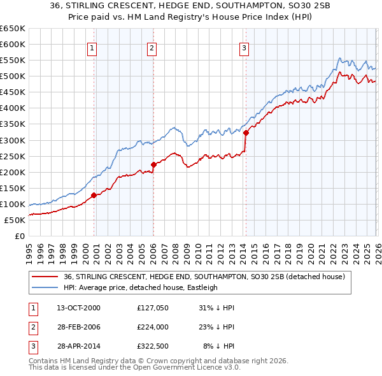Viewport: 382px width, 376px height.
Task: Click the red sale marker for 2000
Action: [x=94, y=195]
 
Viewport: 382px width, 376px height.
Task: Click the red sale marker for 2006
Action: [x=153, y=164]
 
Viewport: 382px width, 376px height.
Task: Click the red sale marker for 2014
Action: [x=246, y=133]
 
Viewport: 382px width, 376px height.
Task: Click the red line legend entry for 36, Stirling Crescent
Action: [x=204, y=277]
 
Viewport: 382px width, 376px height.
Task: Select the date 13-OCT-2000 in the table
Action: [x=78, y=308]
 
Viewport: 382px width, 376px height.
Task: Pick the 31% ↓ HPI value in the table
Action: [x=216, y=308]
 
